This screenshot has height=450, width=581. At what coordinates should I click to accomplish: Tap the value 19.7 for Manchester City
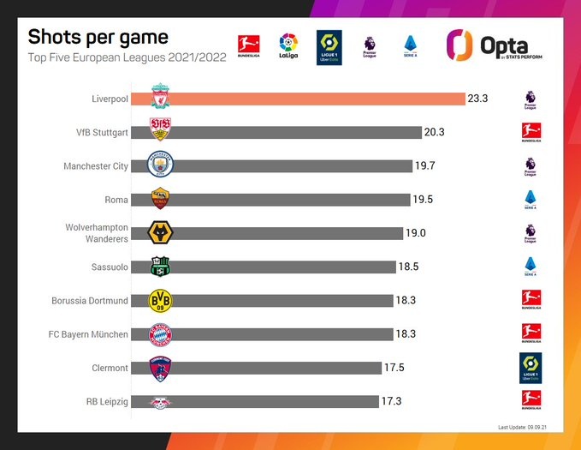coord(425,165)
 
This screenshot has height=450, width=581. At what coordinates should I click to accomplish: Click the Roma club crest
coord(160,199)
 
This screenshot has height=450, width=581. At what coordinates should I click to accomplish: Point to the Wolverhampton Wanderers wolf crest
coord(160,233)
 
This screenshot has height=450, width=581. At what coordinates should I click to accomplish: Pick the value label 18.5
coord(409,267)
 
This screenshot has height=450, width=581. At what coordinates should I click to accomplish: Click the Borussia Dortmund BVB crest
coord(160,300)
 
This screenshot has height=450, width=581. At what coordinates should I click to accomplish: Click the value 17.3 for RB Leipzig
coord(391,401)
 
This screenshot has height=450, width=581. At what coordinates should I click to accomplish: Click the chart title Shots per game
coord(98,37)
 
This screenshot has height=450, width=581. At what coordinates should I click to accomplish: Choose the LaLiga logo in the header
coord(288,44)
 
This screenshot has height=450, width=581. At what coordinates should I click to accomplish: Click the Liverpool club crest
coord(160,98)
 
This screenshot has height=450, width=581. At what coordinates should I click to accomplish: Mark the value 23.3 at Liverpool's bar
coord(478,99)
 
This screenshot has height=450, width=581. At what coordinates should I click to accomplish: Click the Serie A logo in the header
coord(409,44)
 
